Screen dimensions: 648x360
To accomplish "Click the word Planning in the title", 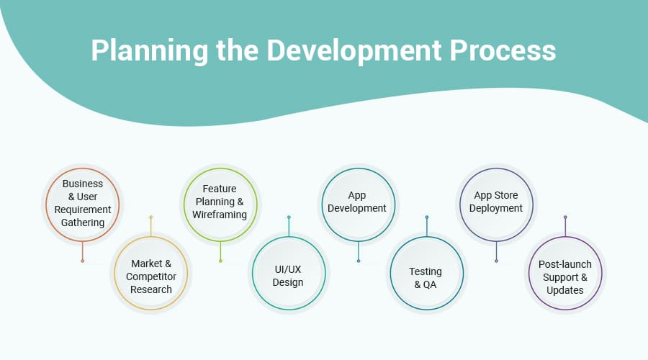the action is coord(150,51).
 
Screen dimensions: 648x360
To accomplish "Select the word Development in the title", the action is coord(354,51).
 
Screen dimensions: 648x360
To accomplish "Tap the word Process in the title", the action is coord(503,50).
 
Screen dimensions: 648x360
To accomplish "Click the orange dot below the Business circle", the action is coord(83,261).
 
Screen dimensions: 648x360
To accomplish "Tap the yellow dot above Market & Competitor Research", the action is coord(151,217).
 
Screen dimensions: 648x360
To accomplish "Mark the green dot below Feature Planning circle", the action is coord(220,261).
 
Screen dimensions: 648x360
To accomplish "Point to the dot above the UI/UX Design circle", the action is coord(289,217).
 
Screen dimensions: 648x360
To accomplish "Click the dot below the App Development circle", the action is coord(359,261).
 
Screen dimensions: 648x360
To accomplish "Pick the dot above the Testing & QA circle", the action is coord(427,217).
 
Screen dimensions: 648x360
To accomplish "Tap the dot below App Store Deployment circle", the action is coord(496,261).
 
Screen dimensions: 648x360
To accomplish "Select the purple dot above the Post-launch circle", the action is coord(565,217).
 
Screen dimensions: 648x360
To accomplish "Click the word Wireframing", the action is coord(220,215).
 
